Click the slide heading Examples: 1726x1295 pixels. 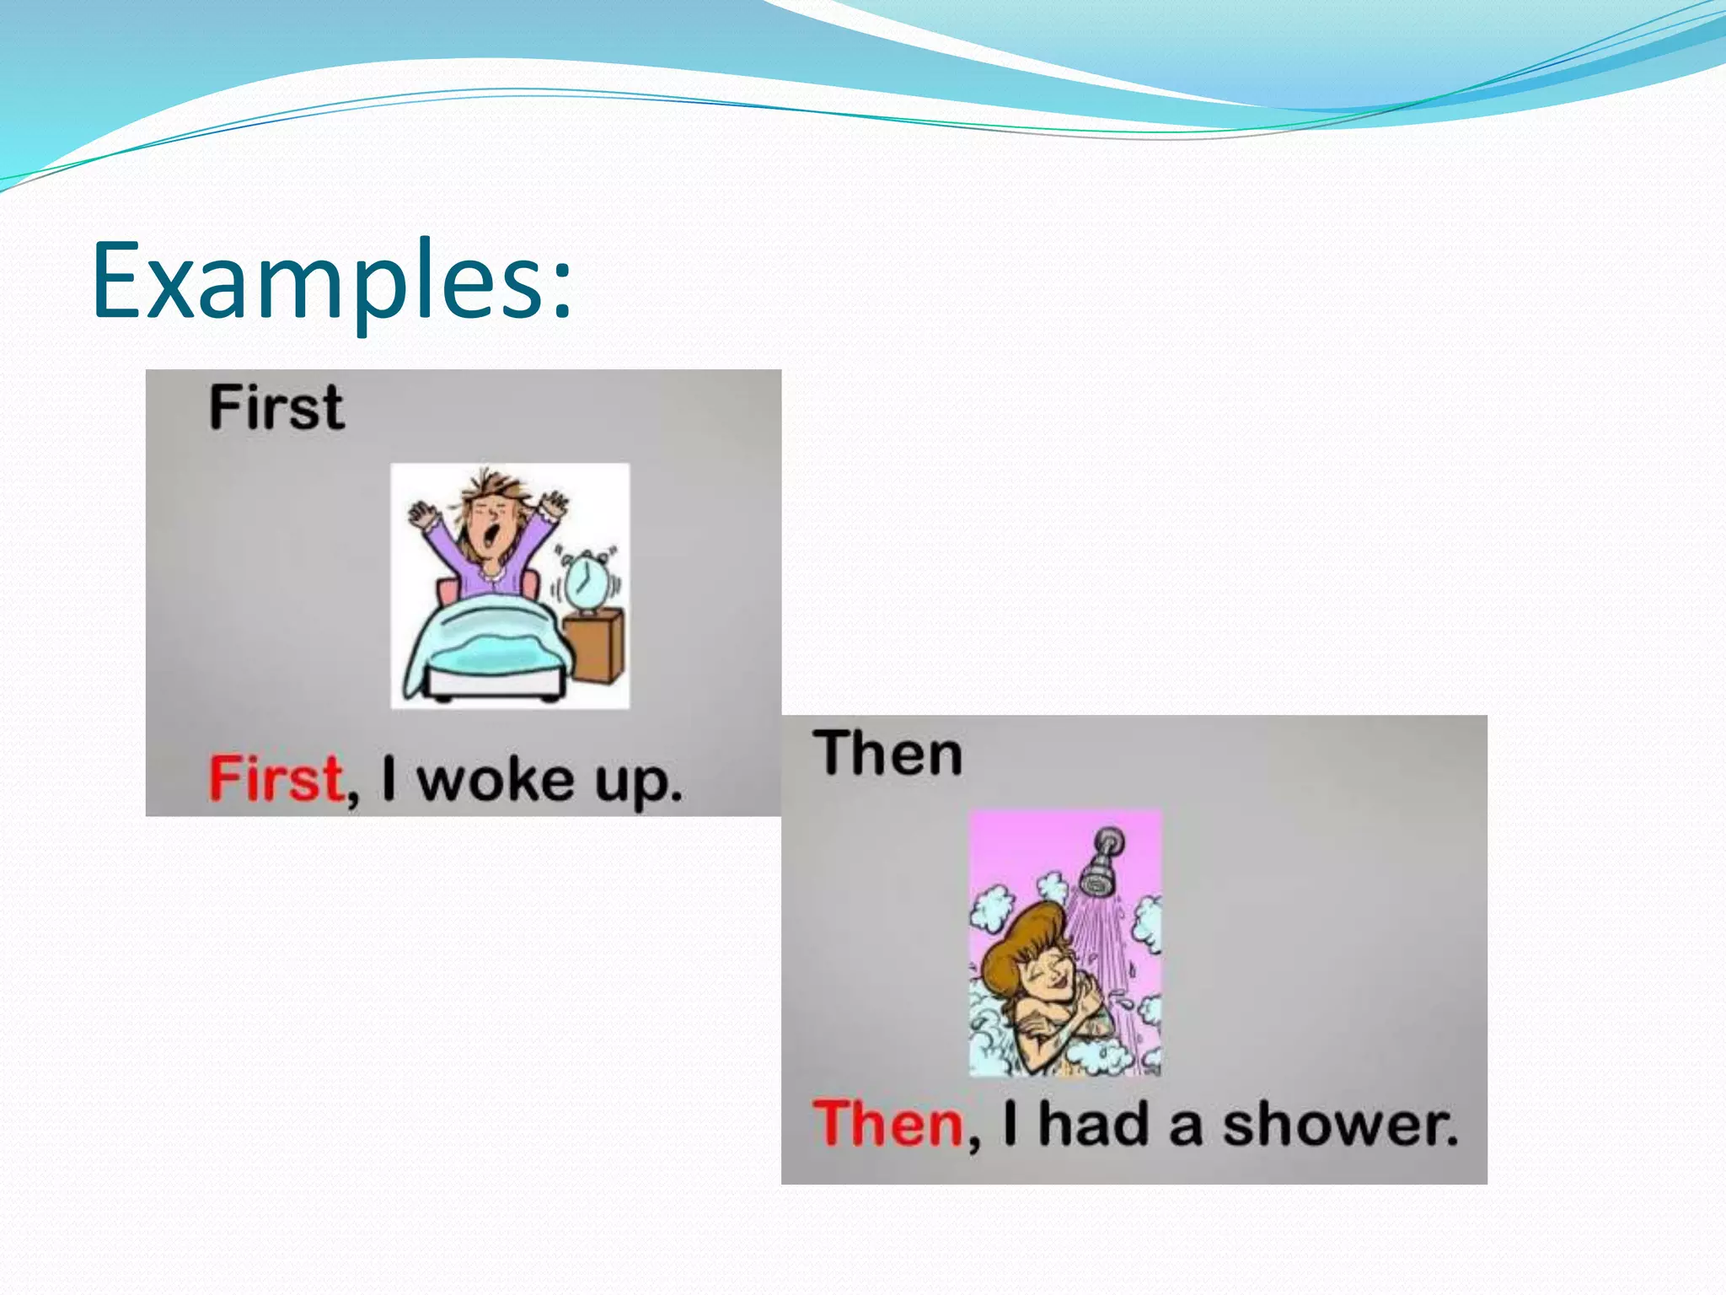pyautogui.click(x=332, y=281)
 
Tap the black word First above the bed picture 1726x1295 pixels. pyautogui.click(x=276, y=408)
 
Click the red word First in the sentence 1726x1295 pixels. pyautogui.click(x=276, y=778)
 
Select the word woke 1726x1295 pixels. pyautogui.click(x=496, y=780)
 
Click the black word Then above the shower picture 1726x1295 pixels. pyautogui.click(x=887, y=753)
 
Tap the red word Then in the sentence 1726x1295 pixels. pyautogui.click(x=887, y=1124)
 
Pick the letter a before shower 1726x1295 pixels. pyautogui.click(x=1185, y=1127)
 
